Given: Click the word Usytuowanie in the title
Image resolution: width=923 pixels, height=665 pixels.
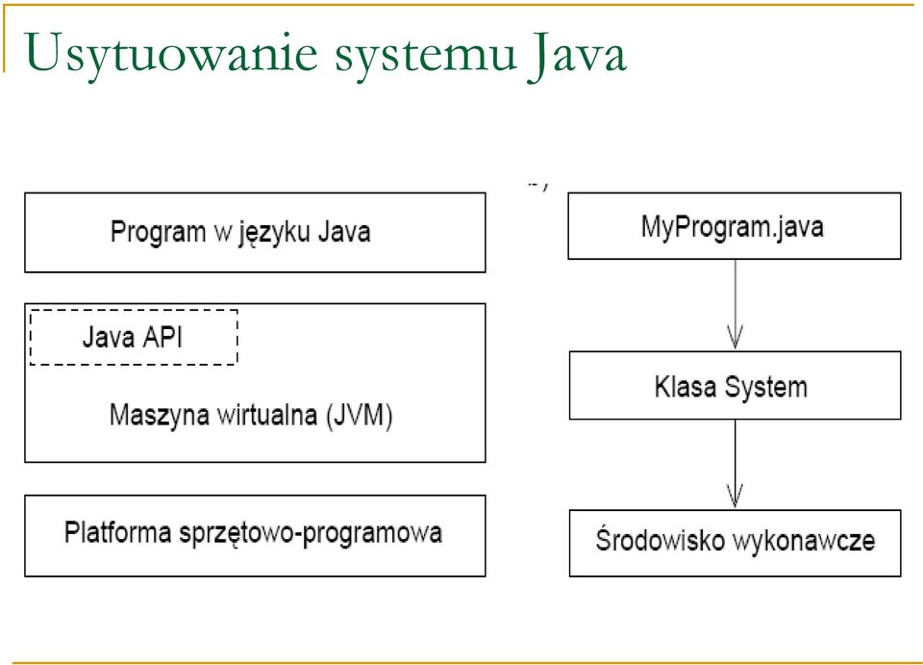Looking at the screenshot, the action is click(x=171, y=54).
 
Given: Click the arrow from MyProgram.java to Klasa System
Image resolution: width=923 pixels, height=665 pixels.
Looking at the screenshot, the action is click(x=736, y=304).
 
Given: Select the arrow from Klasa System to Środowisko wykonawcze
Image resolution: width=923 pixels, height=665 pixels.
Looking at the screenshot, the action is click(x=736, y=464).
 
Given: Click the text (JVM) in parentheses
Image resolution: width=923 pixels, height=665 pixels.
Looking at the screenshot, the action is click(x=359, y=415).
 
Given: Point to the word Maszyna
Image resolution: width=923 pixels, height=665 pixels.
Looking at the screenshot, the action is click(x=159, y=416).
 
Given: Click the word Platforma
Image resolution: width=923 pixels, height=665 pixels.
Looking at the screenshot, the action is click(x=117, y=532).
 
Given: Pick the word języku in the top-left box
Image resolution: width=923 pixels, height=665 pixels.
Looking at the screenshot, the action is click(x=274, y=232).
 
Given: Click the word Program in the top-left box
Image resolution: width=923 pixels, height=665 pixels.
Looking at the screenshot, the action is click(x=158, y=232).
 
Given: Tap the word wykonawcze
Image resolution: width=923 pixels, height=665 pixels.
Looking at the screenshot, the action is click(x=804, y=541).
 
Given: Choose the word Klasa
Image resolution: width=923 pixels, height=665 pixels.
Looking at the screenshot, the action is click(x=686, y=387).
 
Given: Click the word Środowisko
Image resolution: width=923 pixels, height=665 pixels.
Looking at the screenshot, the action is click(x=660, y=540).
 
